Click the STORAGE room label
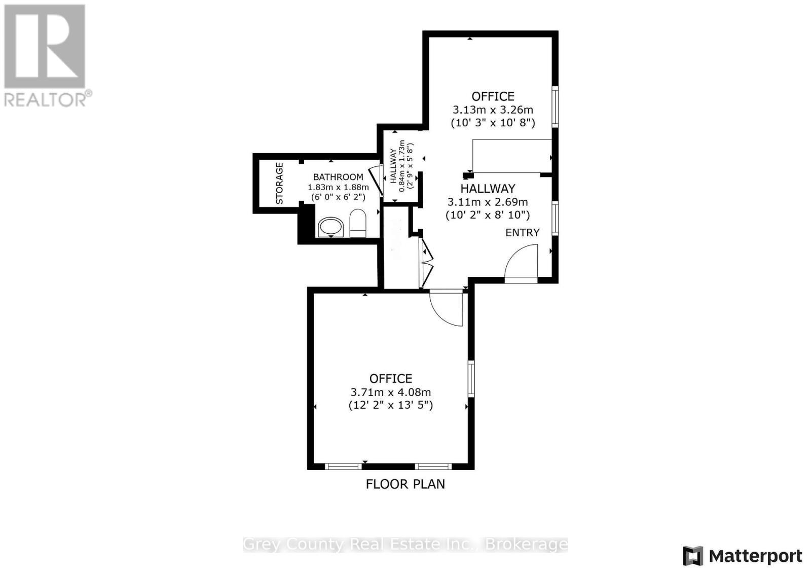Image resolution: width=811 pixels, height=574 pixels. (279, 183)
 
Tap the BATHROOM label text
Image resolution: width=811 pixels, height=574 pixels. (338, 177)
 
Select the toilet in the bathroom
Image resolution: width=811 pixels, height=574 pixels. (358, 224)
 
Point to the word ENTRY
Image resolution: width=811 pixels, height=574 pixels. (522, 232)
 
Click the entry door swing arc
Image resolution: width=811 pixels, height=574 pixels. (522, 261)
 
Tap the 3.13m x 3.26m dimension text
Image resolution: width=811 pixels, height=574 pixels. (493, 110)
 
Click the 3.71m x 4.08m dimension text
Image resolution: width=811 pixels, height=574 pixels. (390, 392)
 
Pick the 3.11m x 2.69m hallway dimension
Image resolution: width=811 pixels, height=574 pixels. (488, 202)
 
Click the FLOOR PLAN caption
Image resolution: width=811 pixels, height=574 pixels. (405, 484)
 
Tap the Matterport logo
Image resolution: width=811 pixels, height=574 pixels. (743, 556)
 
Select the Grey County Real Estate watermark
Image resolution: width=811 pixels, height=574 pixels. (405, 544)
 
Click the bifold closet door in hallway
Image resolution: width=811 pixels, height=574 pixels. (426, 263)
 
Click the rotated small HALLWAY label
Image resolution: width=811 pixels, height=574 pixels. (393, 166)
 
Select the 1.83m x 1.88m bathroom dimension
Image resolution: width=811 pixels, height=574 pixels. (339, 187)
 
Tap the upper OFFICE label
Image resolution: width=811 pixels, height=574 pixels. (493, 96)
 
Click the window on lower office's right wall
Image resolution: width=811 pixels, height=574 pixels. (471, 378)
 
